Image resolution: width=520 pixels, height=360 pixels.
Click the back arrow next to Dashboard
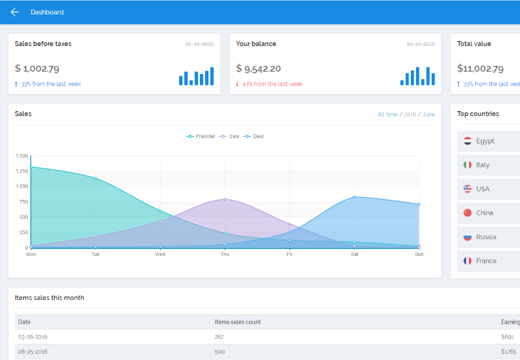tap(14, 12)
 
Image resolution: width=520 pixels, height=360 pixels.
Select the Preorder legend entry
tap(200, 136)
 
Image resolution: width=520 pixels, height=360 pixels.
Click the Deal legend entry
tap(254, 136)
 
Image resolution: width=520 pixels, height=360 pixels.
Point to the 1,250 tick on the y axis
tap(22, 171)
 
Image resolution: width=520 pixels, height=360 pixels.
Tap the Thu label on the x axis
tap(225, 254)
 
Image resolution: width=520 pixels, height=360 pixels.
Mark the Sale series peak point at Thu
tap(225, 199)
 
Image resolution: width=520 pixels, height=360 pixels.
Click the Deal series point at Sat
tap(354, 197)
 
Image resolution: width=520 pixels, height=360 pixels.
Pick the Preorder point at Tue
tap(95, 179)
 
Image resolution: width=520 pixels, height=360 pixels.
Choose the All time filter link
tap(387, 114)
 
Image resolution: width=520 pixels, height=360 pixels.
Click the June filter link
tap(429, 114)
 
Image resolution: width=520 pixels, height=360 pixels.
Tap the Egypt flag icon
tap(467, 141)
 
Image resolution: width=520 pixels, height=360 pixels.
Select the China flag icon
tap(467, 213)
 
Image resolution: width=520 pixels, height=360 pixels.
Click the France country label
tap(486, 261)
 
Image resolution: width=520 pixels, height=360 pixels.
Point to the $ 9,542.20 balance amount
tap(258, 69)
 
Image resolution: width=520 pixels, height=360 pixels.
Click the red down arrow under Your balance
tap(237, 84)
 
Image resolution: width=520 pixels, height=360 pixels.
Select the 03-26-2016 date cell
tap(33, 337)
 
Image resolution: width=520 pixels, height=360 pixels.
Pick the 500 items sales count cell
tap(220, 352)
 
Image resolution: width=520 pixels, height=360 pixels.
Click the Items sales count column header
tap(237, 322)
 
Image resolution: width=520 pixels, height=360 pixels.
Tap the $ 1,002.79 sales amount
tap(37, 69)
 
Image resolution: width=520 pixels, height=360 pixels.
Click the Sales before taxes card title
tap(43, 44)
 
